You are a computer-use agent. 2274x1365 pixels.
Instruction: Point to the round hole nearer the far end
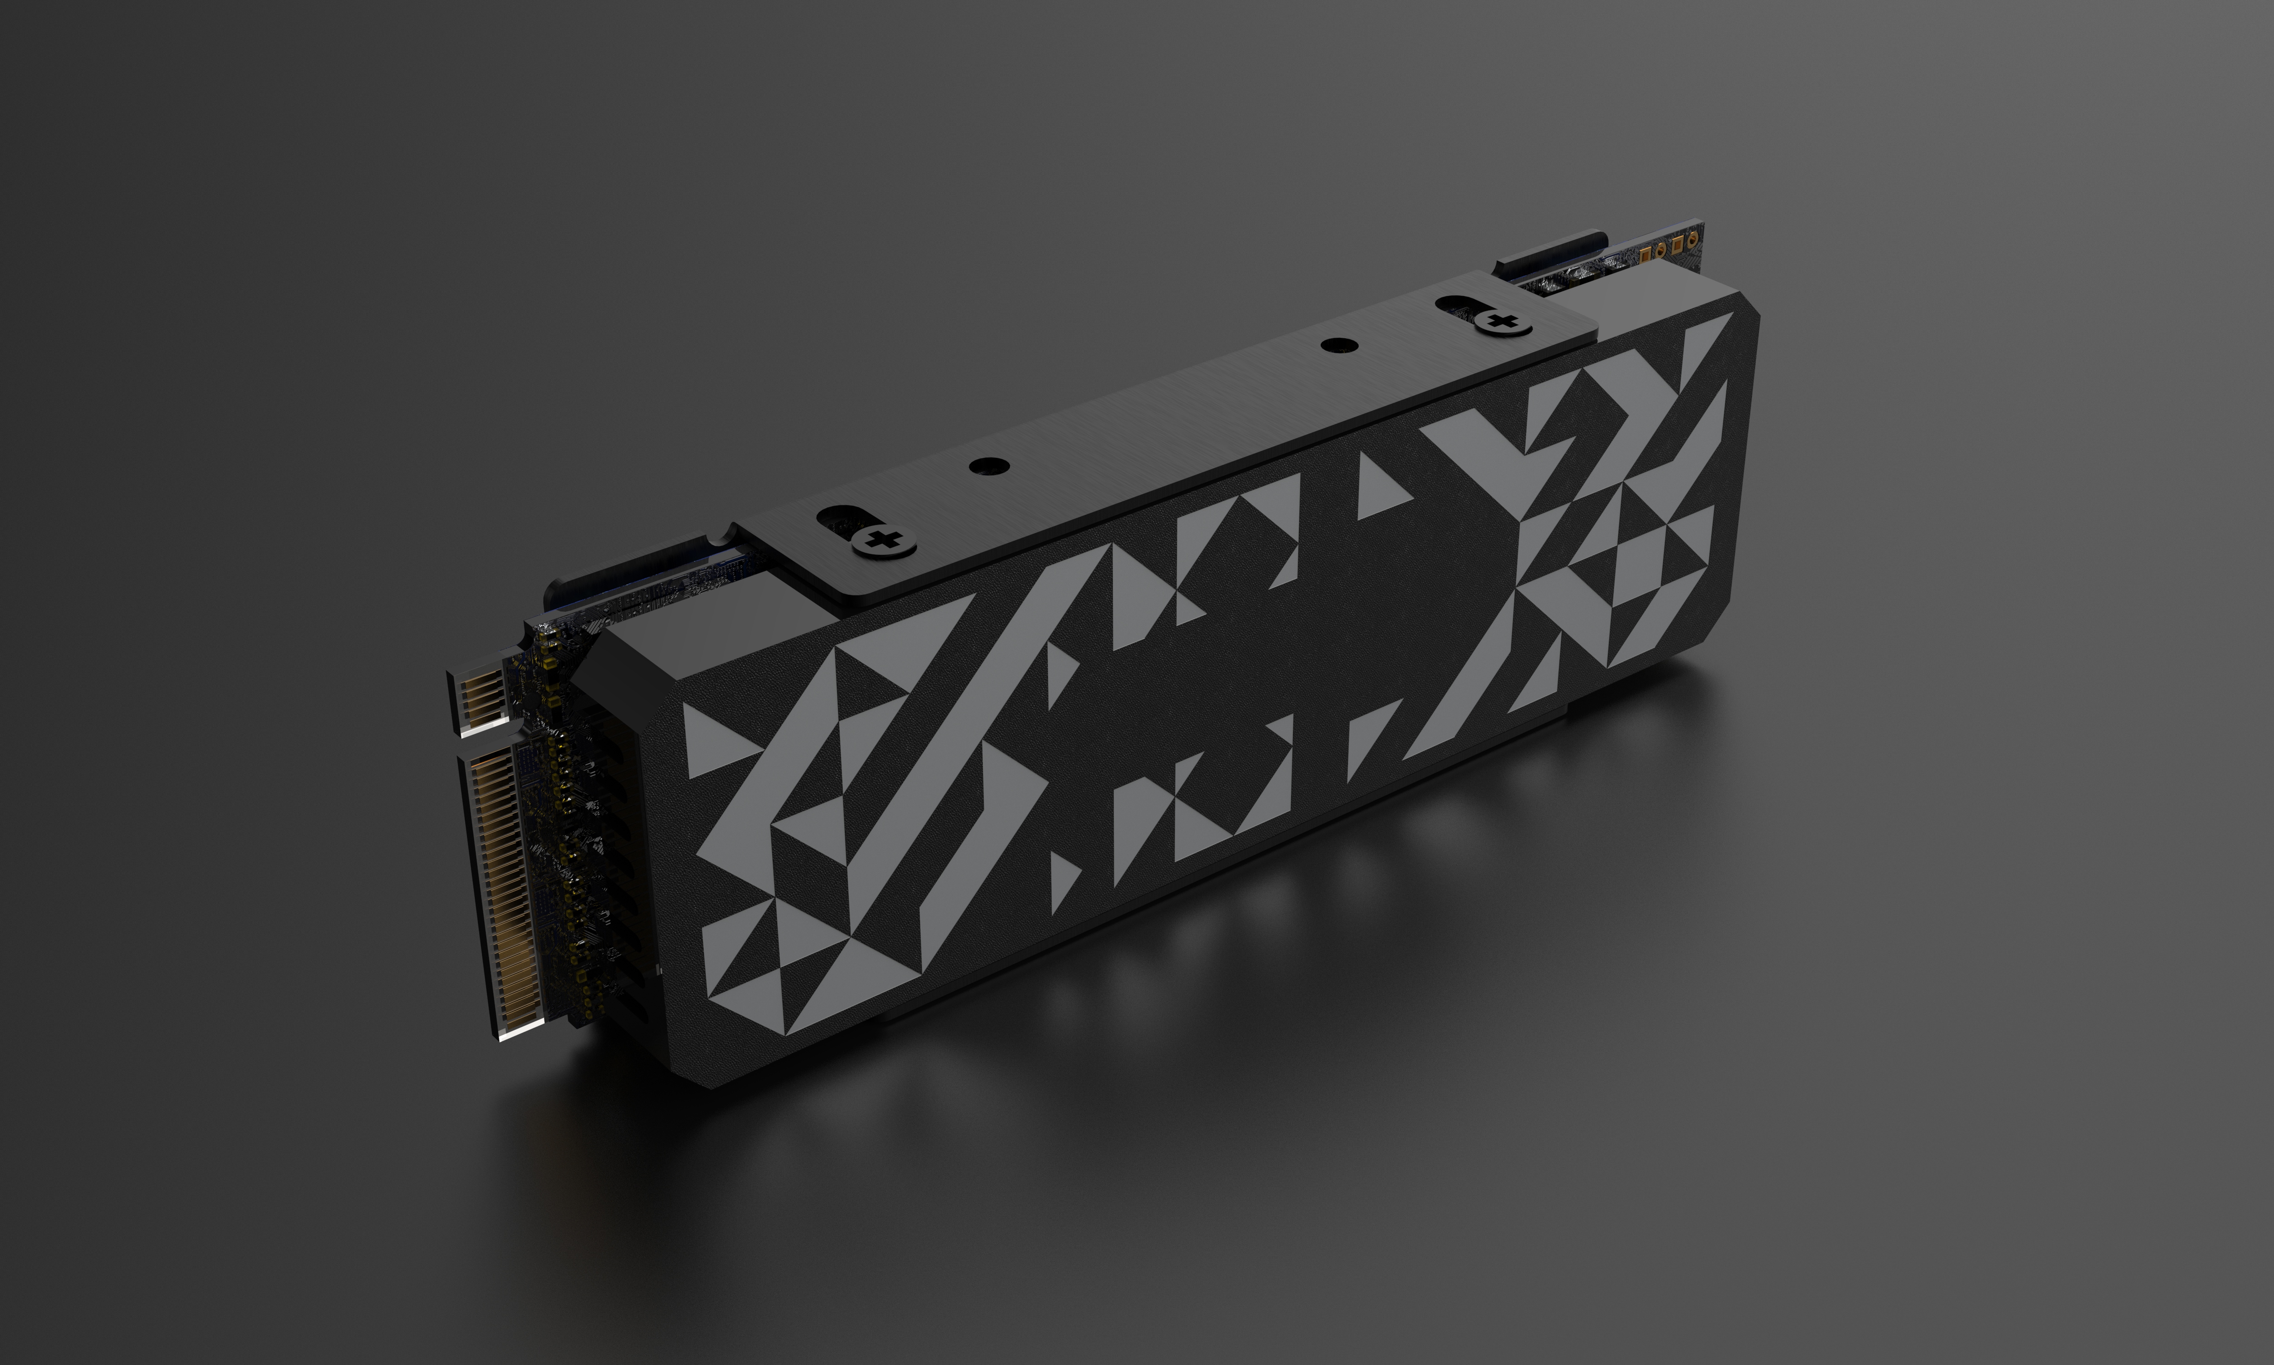tap(1333, 345)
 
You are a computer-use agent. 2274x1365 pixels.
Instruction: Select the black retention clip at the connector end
tap(634, 579)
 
